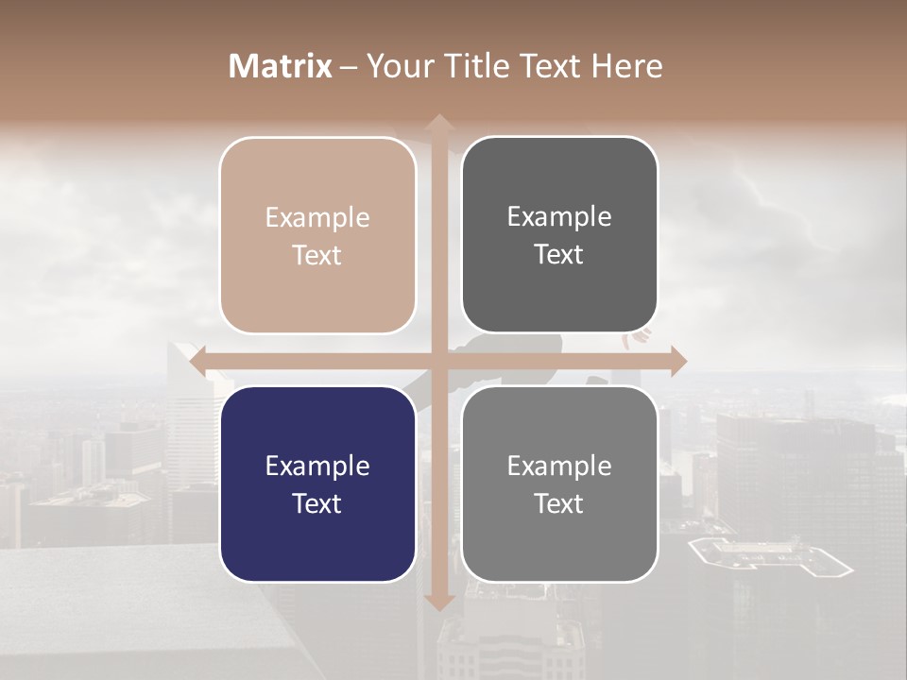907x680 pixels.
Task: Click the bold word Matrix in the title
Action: coord(281,66)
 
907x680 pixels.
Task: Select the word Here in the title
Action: coord(626,66)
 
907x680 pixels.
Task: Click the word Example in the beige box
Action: coord(317,217)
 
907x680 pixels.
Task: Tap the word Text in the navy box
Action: coord(317,503)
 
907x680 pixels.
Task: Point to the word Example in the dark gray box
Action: coord(559,216)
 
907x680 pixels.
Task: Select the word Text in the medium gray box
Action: coord(559,503)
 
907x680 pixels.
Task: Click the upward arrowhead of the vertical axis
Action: coord(438,122)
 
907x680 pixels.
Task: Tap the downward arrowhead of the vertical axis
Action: coord(438,602)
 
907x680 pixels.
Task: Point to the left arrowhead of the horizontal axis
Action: coord(197,361)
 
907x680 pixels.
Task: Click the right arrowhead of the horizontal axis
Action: coord(678,361)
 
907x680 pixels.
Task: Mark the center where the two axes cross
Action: coord(438,361)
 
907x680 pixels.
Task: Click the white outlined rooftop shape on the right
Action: coord(770,558)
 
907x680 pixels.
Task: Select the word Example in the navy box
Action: coord(317,466)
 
